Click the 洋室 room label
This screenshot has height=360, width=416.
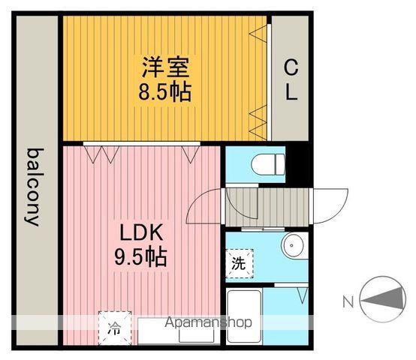point(165,67)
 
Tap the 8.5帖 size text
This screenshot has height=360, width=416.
point(164,92)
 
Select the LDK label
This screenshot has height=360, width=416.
point(141,232)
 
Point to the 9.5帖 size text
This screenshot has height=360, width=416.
point(140,256)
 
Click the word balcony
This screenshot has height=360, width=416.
point(35,187)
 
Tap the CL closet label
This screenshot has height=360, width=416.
point(291,79)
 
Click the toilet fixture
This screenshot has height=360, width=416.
point(268,164)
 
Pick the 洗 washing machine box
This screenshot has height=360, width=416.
point(239,263)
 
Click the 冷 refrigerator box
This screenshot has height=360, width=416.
point(115,328)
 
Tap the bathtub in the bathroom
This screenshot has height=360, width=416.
point(244,316)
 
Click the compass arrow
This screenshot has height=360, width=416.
point(384,299)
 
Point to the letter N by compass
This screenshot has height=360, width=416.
point(348,301)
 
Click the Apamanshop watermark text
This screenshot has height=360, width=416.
point(208,322)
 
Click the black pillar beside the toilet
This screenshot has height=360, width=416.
point(297,164)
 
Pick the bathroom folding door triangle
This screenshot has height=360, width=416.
point(303,295)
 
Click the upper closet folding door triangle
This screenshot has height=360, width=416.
point(259,34)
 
